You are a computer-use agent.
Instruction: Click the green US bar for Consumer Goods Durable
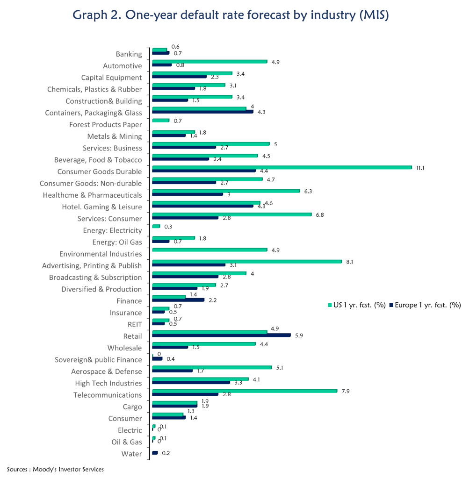(282, 167)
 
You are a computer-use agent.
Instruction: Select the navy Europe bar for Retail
(221, 335)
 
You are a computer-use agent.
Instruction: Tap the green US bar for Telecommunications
(245, 391)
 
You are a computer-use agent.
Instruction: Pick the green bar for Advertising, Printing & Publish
(247, 262)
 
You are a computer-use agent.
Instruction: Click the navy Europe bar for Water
(155, 452)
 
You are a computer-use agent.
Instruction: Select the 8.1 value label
(349, 262)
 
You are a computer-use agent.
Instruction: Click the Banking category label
(129, 54)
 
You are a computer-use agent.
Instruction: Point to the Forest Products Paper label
(105, 125)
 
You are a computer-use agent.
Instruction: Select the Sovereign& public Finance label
(98, 360)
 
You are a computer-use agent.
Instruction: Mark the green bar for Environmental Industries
(209, 250)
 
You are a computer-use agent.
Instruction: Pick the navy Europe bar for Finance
(178, 300)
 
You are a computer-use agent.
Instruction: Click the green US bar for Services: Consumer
(231, 214)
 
